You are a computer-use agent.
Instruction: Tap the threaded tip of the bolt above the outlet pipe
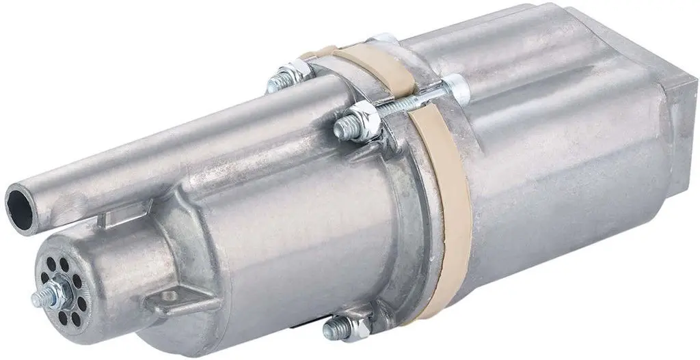(273, 83)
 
